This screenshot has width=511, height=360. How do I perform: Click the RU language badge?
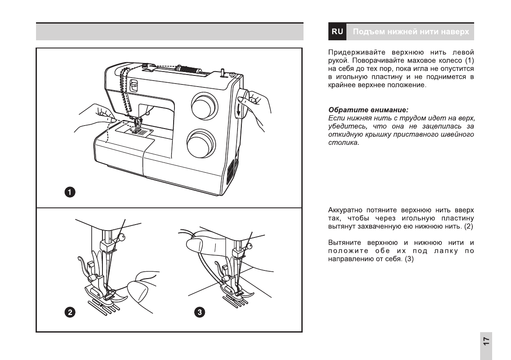pos(337,32)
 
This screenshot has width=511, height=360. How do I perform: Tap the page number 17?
pos(486,341)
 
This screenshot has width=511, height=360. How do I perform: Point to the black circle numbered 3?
pos(199,312)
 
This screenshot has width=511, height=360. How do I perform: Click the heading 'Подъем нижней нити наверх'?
pos(411,32)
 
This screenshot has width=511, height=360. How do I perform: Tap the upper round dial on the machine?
pos(203,105)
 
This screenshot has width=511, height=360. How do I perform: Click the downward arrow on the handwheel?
pos(237,110)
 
